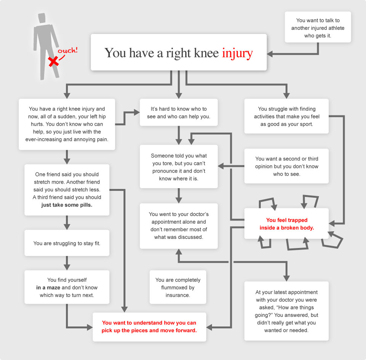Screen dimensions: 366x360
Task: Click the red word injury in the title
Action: (x=237, y=53)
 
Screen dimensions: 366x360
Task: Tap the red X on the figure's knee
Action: (x=54, y=62)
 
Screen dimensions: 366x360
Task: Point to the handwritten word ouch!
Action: (x=67, y=50)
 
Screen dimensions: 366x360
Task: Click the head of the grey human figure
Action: (x=42, y=18)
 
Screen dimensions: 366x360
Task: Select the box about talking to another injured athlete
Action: (x=318, y=27)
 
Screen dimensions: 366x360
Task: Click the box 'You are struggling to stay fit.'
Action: (x=67, y=243)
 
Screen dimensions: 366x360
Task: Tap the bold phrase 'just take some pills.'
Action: (x=67, y=205)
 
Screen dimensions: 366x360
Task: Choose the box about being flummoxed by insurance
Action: (x=178, y=287)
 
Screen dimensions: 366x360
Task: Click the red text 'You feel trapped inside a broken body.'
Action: (x=287, y=224)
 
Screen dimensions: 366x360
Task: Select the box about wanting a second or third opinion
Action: (x=286, y=166)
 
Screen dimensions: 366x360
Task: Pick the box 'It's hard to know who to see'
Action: (x=178, y=112)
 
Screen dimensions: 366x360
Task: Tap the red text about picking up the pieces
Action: (x=149, y=326)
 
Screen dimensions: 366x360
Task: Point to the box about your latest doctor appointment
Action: (x=286, y=311)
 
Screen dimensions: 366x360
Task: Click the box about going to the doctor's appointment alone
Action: (x=178, y=226)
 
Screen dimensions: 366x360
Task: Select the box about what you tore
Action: (x=178, y=167)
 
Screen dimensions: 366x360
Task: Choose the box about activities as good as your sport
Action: (x=286, y=116)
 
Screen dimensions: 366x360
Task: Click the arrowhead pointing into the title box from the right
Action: (x=270, y=54)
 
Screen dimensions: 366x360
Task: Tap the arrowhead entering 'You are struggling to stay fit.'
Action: (x=67, y=227)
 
